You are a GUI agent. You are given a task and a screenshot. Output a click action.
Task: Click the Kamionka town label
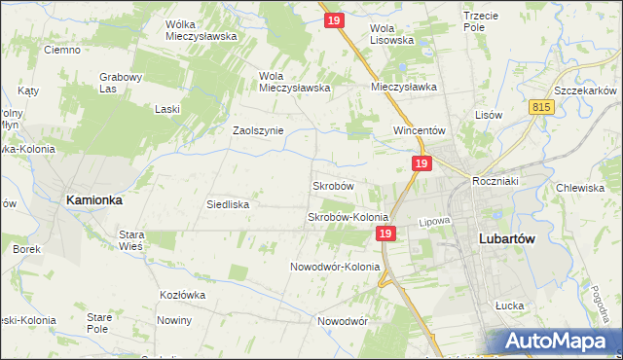point(93,199)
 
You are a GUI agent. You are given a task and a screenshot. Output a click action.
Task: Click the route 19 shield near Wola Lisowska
point(334,18)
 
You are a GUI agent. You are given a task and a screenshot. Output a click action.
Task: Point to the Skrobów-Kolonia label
point(348,217)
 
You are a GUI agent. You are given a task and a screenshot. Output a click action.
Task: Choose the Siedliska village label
point(229,205)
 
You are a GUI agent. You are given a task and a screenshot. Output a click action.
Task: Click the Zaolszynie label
point(257,130)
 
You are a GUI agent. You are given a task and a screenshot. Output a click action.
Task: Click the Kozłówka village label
point(185,294)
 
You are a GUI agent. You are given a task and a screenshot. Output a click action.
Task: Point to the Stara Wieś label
point(131,240)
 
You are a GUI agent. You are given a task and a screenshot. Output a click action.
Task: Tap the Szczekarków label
point(582,87)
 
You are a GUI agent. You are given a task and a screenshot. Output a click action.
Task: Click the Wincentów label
point(419,130)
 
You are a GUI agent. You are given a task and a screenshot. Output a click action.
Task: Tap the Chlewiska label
point(580,188)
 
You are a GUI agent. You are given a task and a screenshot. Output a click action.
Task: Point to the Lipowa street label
point(435,221)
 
